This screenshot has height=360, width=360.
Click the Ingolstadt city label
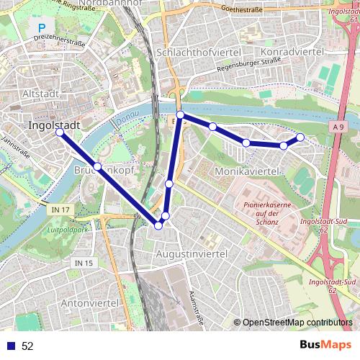(53, 125)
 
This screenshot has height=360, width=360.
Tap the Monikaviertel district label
(246, 171)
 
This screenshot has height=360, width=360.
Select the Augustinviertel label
(192, 254)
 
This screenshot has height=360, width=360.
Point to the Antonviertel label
(89, 303)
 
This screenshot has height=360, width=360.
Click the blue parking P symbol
(41, 30)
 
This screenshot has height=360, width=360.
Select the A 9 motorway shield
(339, 127)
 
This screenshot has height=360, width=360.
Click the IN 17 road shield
(62, 209)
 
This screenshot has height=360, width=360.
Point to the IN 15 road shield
(84, 264)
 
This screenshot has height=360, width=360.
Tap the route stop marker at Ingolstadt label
(59, 132)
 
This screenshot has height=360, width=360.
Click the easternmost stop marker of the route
(300, 137)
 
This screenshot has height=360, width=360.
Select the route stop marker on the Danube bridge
(181, 114)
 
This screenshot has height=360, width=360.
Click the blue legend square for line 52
(10, 346)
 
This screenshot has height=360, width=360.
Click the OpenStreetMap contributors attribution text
(297, 323)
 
